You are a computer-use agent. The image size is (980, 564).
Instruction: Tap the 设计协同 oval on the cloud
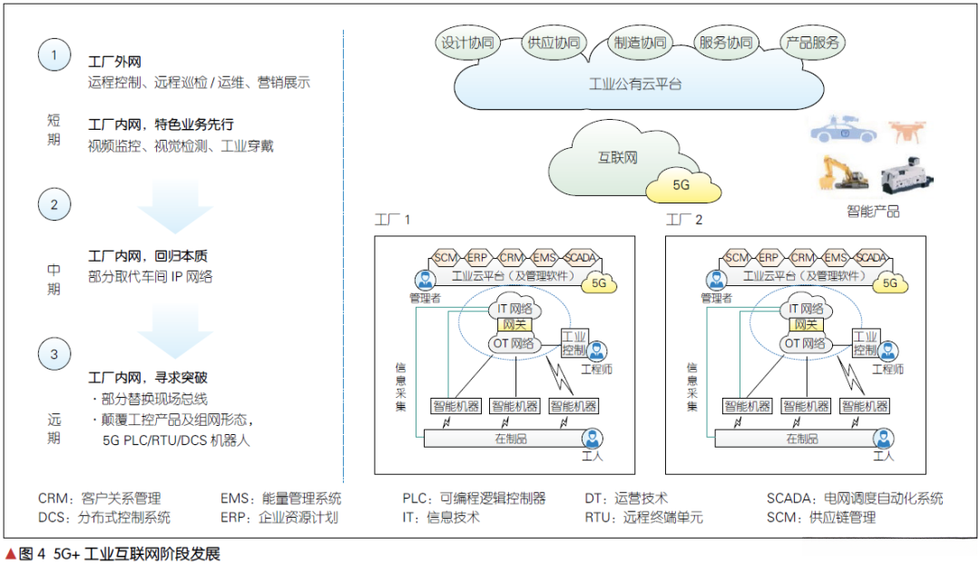coord(467,43)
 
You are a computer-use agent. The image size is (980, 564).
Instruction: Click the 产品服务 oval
coord(812,43)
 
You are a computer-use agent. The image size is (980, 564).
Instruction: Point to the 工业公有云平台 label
coord(635,84)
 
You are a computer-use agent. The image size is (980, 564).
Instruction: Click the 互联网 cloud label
coord(617,157)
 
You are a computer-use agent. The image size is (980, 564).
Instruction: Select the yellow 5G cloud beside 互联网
coord(681,185)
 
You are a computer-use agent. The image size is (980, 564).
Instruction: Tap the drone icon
coord(908,131)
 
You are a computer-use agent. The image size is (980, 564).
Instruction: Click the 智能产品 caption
coord(872,212)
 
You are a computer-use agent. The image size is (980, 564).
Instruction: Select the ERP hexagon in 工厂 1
coord(477,257)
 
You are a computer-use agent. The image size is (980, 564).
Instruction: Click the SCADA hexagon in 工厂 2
coord(870,257)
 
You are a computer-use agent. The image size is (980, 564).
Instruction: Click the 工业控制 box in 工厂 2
coord(865,341)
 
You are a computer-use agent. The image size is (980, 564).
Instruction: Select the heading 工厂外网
coord(114,63)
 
